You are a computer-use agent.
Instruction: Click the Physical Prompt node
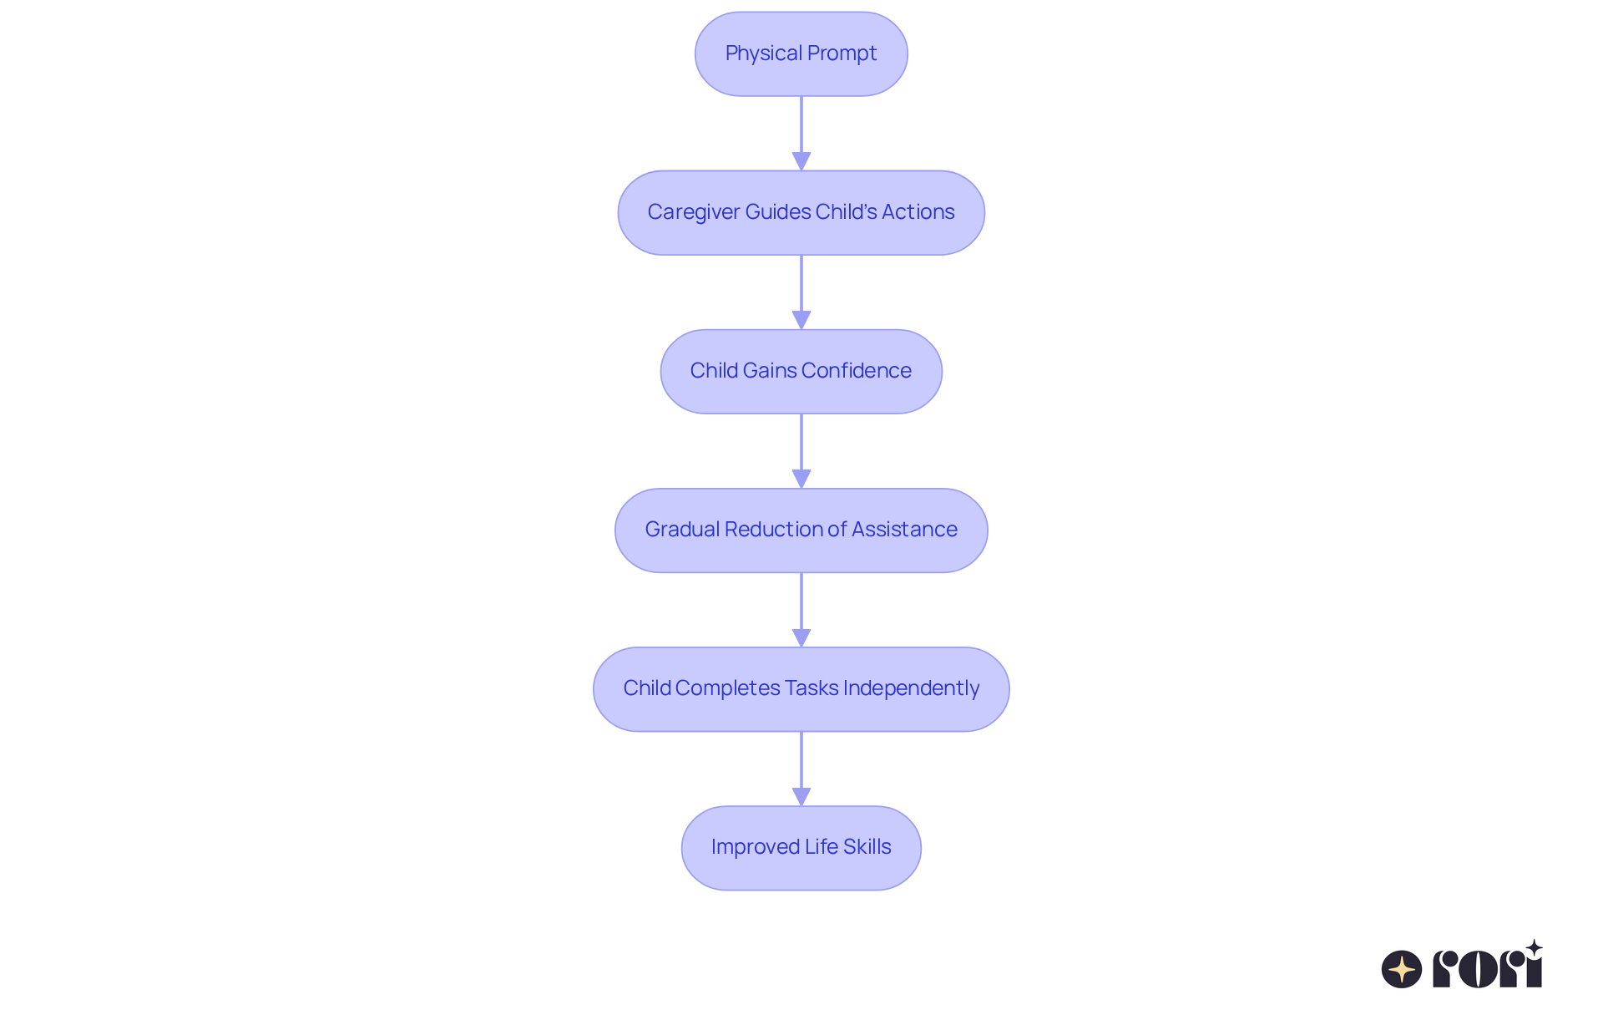click(801, 53)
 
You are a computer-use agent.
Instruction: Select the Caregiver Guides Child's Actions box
click(801, 212)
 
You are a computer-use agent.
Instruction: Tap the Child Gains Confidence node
click(801, 371)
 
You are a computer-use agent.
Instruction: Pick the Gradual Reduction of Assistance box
click(801, 530)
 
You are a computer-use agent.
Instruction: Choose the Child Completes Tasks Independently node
click(801, 688)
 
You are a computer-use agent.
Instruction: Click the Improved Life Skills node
click(801, 847)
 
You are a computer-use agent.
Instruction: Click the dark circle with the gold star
click(1402, 969)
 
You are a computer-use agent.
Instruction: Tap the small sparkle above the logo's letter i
click(1534, 948)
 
